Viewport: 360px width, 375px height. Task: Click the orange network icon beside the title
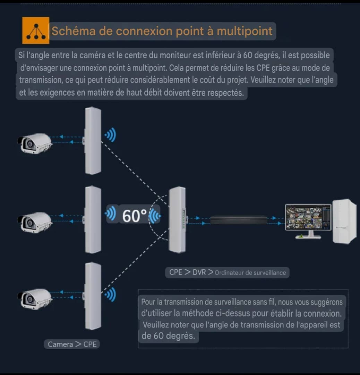tap(36, 30)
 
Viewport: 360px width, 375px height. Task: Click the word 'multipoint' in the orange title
tap(245, 31)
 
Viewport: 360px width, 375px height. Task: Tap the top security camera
tap(35, 143)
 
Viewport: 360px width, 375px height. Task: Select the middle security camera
tap(35, 222)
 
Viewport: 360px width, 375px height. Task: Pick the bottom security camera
tap(35, 299)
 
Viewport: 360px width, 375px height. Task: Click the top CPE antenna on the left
tap(93, 141)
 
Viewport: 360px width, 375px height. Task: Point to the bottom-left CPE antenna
tap(93, 296)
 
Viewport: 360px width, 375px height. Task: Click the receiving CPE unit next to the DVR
tap(178, 219)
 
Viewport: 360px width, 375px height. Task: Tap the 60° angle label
tap(134, 216)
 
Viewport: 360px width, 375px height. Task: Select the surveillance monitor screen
tap(308, 217)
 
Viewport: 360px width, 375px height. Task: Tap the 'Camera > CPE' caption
tap(72, 344)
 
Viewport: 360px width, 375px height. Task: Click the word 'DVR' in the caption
tap(199, 272)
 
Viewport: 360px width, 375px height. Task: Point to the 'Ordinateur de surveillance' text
tap(250, 273)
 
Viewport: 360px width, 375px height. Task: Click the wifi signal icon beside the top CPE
tap(110, 135)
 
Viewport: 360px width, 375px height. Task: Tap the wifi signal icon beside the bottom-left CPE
tap(110, 294)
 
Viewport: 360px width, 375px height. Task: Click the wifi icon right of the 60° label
tap(155, 216)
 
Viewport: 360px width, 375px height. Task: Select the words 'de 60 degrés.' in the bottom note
tap(168, 336)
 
